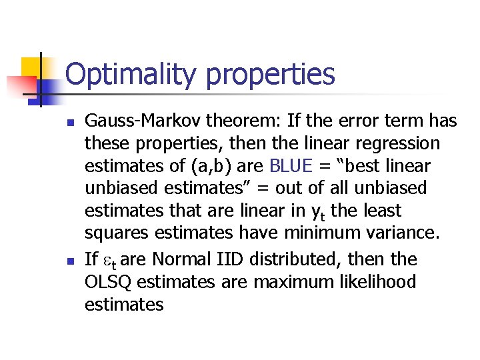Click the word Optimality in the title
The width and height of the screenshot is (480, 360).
click(131, 74)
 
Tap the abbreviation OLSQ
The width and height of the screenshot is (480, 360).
click(108, 282)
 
